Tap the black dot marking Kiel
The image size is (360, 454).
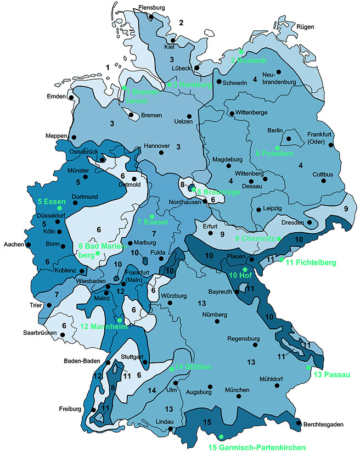[x=173, y=40]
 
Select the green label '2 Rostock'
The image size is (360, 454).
[x=248, y=60]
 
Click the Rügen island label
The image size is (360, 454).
[x=306, y=26]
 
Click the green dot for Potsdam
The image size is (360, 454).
[x=278, y=148]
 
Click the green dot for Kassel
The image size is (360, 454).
[x=152, y=216]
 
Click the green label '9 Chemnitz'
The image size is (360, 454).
[x=255, y=238]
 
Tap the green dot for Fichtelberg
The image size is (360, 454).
[x=282, y=259]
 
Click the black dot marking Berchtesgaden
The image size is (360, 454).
[x=299, y=423]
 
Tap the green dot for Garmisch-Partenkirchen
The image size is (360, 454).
[x=221, y=436]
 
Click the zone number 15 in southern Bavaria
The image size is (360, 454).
[x=207, y=422]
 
